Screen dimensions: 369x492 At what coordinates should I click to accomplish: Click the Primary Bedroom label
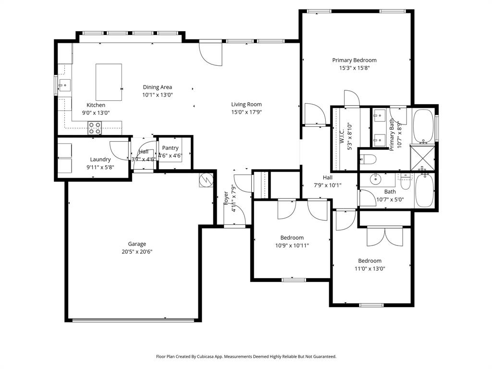[x=354, y=60]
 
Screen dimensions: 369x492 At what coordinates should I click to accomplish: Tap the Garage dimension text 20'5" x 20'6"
[x=137, y=251]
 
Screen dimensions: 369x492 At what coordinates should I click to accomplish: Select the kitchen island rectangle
[x=109, y=82]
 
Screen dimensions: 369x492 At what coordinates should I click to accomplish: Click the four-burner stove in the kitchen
[x=95, y=128]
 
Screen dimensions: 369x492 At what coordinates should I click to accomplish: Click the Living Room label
[x=246, y=104]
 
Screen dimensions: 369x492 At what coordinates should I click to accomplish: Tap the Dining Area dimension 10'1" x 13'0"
[x=157, y=95]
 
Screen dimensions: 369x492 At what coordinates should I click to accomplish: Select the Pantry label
[x=170, y=148]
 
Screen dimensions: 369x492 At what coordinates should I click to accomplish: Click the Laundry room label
[x=100, y=160]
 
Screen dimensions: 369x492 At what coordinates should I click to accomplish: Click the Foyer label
[x=226, y=198]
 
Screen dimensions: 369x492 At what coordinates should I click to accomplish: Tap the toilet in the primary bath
[x=369, y=159]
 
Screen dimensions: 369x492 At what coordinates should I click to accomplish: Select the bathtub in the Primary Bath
[x=423, y=126]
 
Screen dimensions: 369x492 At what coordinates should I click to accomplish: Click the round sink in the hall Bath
[x=376, y=180]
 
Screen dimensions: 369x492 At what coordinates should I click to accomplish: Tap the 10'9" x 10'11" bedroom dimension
[x=292, y=246]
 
